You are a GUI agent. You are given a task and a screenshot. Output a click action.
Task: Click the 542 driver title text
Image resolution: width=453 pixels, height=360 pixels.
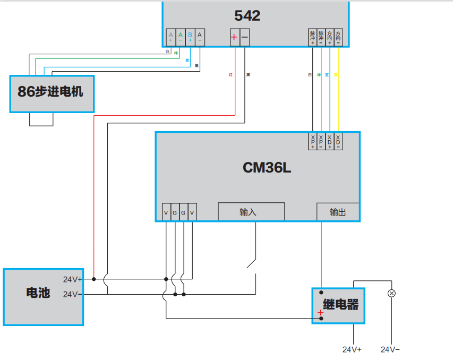tap(247, 16)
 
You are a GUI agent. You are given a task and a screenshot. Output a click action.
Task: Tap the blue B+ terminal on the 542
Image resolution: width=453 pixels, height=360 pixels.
tap(190, 37)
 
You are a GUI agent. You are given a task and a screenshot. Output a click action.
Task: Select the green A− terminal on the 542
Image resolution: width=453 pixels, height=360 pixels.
tap(181, 37)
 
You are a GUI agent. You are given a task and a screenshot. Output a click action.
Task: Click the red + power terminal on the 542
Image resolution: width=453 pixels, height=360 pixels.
tap(234, 37)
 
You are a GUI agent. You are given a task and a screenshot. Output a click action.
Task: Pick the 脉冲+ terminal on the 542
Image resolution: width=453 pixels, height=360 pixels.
tap(312, 37)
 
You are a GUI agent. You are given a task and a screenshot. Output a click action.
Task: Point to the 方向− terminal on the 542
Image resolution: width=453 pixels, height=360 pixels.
tap(338, 37)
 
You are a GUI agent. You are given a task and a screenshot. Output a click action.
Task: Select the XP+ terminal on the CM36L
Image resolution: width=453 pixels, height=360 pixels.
tap(313, 141)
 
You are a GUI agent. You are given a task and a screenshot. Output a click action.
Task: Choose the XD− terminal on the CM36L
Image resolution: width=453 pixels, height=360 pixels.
tap(338, 141)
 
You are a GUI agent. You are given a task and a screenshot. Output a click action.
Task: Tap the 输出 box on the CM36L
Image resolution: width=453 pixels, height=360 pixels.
tap(338, 212)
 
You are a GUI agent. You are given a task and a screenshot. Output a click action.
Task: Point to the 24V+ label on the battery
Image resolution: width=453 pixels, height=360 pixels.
tap(72, 279)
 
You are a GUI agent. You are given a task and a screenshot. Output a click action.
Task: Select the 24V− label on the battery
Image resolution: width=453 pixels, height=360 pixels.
tap(72, 294)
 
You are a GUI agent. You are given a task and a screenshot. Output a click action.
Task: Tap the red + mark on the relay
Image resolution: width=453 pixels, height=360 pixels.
tap(320, 313)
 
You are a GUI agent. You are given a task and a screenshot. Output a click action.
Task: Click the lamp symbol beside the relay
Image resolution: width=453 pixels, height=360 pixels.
tap(392, 293)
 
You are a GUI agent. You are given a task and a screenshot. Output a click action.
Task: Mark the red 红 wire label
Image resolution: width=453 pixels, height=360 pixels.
tap(230, 75)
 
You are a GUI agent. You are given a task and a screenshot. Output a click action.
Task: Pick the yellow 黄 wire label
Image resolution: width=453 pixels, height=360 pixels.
tap(336, 75)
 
